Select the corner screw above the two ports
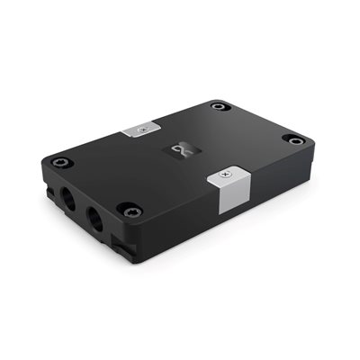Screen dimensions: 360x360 pyautogui.click(x=59, y=162)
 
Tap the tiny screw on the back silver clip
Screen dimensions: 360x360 pyautogui.click(x=139, y=130)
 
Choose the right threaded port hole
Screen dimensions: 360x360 pyautogui.click(x=93, y=216)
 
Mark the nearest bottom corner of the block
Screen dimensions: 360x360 pyautogui.click(x=133, y=261)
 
